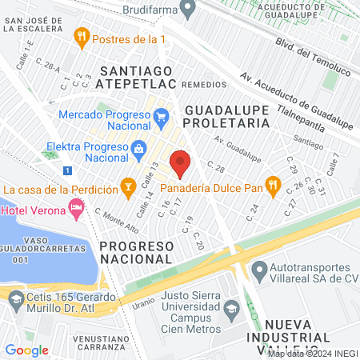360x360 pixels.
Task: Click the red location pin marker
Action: [x=180, y=162]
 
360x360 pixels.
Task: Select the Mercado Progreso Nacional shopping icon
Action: [x=161, y=117]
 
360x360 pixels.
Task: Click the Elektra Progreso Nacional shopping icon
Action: [x=138, y=148]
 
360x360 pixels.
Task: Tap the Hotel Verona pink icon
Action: [x=77, y=210]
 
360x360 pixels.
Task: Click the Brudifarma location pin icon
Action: [x=188, y=10]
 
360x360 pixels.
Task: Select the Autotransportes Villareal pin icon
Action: [x=259, y=269]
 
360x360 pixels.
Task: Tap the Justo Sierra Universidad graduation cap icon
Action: [x=230, y=308]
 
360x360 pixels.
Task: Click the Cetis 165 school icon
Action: [x=15, y=300]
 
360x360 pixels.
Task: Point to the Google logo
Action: [x=26, y=350]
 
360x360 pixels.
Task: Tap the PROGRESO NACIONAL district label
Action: [x=136, y=251]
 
